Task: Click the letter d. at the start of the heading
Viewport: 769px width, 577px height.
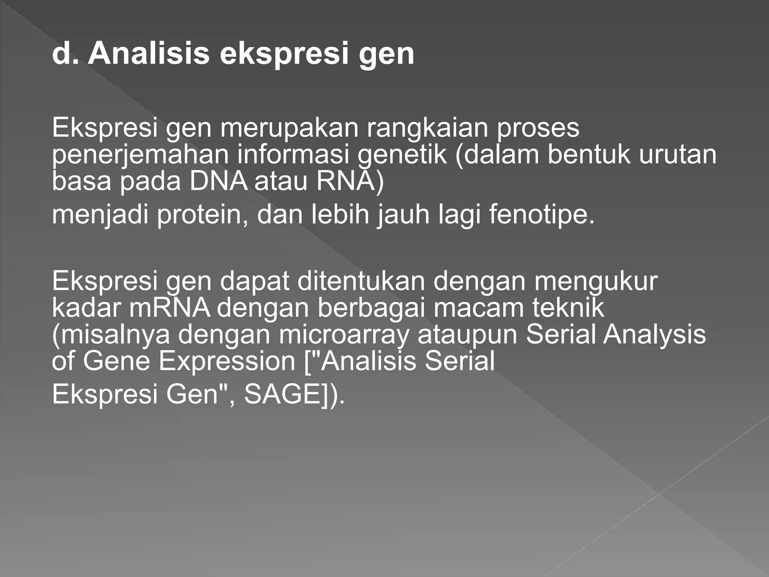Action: (x=65, y=54)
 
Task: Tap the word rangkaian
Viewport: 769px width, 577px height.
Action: (x=427, y=128)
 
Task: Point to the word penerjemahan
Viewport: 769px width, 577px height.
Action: (x=140, y=155)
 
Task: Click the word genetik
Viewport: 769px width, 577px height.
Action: (x=402, y=155)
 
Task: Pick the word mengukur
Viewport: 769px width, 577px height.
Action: (x=596, y=281)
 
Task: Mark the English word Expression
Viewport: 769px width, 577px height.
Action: (x=227, y=361)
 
